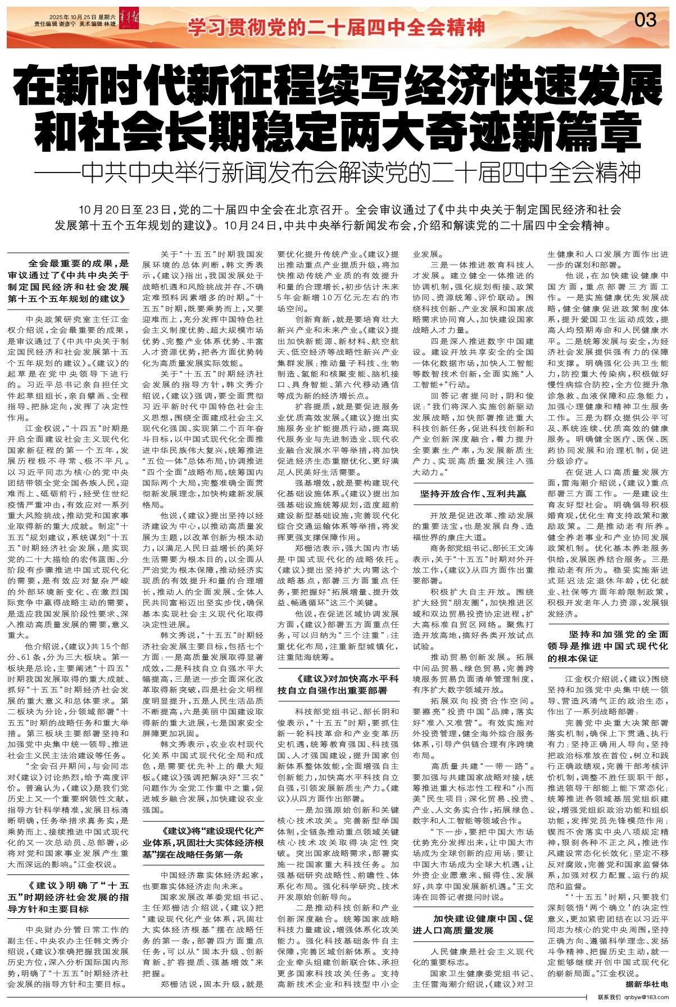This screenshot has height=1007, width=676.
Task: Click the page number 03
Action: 645,20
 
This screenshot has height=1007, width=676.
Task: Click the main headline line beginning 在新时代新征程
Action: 337,85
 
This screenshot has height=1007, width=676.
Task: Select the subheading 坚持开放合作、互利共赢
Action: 473,494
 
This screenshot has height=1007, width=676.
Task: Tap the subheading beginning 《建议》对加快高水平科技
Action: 338,684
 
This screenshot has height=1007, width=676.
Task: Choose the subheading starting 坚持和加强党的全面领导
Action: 608,646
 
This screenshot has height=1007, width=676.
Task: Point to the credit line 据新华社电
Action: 647,985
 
